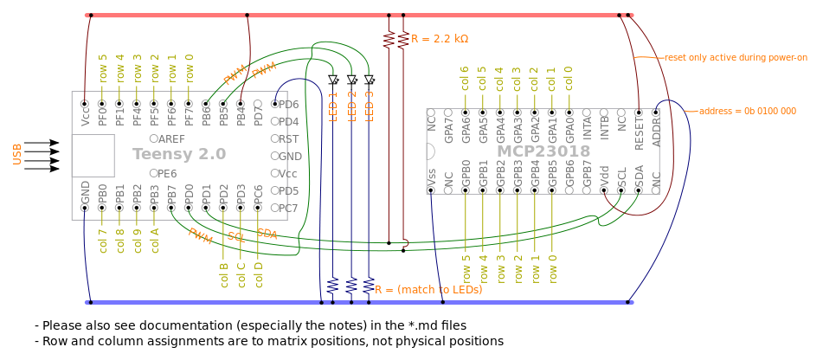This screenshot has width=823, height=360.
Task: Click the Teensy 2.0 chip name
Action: (x=179, y=154)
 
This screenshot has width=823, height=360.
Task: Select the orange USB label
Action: (x=16, y=154)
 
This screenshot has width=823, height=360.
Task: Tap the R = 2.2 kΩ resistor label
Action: (x=440, y=39)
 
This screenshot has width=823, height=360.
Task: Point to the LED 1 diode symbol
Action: (x=333, y=80)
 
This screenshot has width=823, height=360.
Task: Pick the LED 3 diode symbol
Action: (x=370, y=80)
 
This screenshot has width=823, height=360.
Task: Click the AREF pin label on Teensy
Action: (x=171, y=138)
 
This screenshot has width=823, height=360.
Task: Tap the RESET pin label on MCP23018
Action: (x=639, y=134)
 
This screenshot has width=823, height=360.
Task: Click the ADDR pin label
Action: (x=656, y=134)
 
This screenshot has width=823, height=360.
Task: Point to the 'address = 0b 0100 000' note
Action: (x=747, y=112)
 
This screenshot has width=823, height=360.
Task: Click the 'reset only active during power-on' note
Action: (x=736, y=58)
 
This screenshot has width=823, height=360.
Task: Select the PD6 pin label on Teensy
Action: (x=288, y=104)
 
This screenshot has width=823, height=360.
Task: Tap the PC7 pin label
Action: (x=288, y=208)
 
